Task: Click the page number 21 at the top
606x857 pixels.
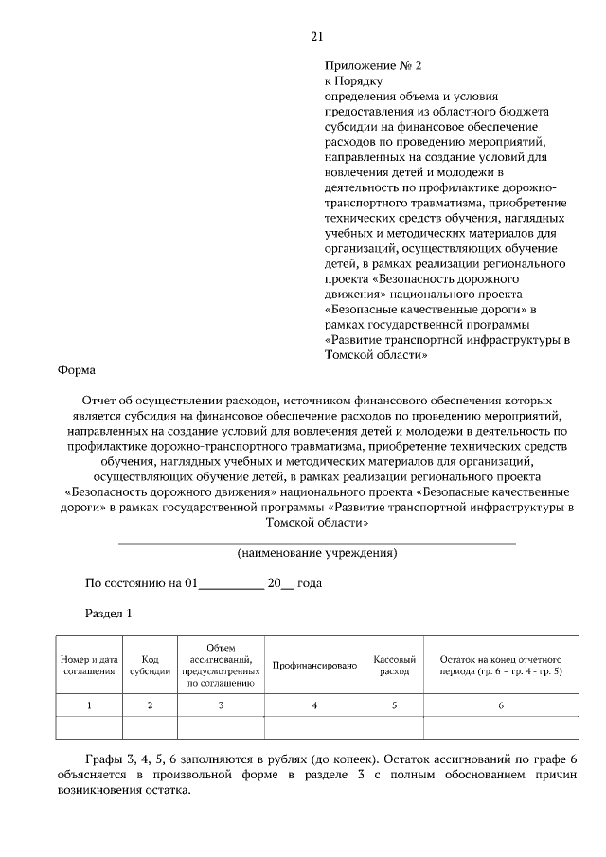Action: (x=316, y=37)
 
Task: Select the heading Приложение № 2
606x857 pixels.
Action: (x=372, y=66)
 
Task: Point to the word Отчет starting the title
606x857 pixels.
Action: (x=101, y=401)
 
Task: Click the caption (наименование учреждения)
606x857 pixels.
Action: (x=316, y=552)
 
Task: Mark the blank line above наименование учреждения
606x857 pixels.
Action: (x=316, y=542)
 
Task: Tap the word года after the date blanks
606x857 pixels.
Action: (x=310, y=583)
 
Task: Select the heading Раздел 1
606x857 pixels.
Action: (x=108, y=614)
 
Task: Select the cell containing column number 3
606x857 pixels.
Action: (x=221, y=705)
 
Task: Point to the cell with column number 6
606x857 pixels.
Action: (x=501, y=705)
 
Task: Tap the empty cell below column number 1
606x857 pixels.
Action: (x=89, y=727)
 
